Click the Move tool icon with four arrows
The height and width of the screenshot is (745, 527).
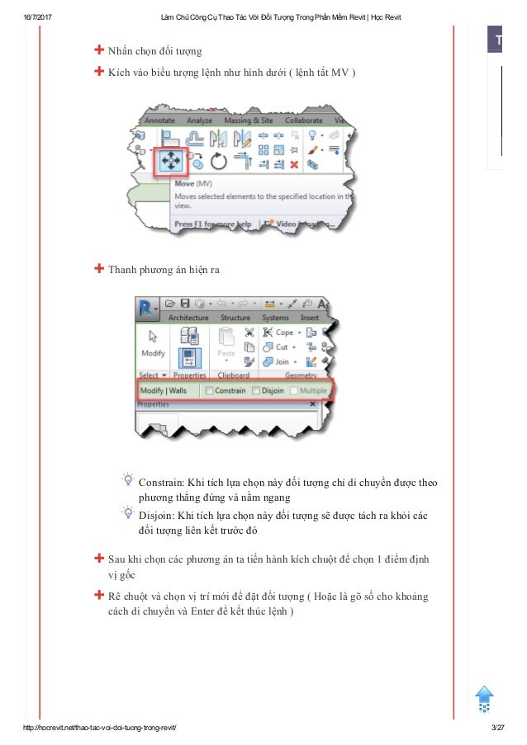[x=169, y=158]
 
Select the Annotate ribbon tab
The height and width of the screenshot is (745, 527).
[x=159, y=120]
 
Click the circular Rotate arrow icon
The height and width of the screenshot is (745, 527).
[x=218, y=159]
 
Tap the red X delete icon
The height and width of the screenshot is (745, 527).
[x=294, y=165]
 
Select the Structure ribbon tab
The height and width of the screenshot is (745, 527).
[x=235, y=317]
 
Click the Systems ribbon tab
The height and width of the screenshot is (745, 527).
[x=275, y=317]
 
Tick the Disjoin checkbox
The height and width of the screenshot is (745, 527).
[x=256, y=390]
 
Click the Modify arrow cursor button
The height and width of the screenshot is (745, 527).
[x=153, y=343]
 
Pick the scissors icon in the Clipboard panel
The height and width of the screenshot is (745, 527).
[x=249, y=332]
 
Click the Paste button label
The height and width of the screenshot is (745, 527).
[x=226, y=353]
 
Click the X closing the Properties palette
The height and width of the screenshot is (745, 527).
[x=312, y=404]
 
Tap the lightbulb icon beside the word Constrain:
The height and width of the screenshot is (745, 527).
[x=128, y=479]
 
